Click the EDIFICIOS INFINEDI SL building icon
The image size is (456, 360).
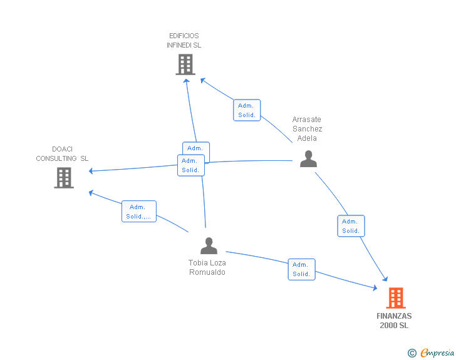[185, 64]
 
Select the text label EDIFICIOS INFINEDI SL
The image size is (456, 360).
[184, 41]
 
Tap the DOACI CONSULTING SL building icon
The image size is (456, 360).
[64, 178]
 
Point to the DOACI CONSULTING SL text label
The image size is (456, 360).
[62, 154]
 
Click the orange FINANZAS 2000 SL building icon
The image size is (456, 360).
[395, 298]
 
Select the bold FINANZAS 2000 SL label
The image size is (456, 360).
[394, 321]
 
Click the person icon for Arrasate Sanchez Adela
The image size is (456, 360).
[308, 159]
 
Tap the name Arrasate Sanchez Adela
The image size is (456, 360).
[307, 129]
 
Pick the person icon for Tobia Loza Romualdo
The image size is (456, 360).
[209, 246]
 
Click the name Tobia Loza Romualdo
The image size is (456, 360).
[207, 267]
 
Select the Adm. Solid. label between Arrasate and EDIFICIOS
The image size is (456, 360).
[246, 110]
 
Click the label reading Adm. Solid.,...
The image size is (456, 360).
[138, 212]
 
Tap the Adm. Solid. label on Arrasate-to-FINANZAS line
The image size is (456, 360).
[351, 226]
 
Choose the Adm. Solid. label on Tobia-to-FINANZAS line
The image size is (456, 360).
[301, 269]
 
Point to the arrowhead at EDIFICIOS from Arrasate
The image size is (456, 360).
[202, 80]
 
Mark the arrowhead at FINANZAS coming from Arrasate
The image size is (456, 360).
[386, 281]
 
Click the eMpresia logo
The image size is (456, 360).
[437, 353]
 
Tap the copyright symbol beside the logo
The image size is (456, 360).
[412, 353]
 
